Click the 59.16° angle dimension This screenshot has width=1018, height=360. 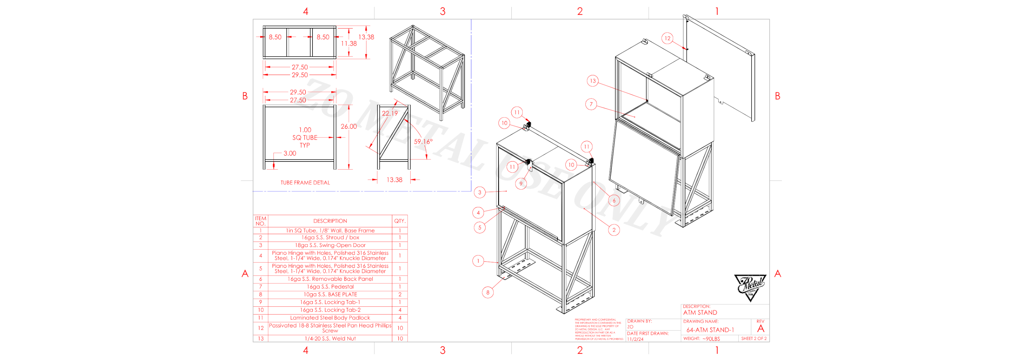pyautogui.click(x=423, y=141)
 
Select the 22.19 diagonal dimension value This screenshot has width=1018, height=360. pyautogui.click(x=390, y=113)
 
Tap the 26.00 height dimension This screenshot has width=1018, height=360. pyautogui.click(x=348, y=127)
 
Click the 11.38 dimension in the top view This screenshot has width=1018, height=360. pyautogui.click(x=348, y=43)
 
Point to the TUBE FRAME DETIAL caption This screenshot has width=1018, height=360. pyautogui.click(x=305, y=183)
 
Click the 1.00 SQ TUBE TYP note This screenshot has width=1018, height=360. pyautogui.click(x=305, y=137)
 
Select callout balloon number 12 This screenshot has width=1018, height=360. pyautogui.click(x=667, y=38)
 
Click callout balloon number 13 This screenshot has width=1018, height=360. pyautogui.click(x=593, y=81)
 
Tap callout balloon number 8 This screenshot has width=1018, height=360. pyautogui.click(x=488, y=292)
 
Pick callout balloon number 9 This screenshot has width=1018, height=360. pyautogui.click(x=521, y=184)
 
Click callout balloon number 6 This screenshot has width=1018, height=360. pyautogui.click(x=614, y=200)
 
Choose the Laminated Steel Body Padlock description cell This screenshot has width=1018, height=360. pyautogui.click(x=330, y=318)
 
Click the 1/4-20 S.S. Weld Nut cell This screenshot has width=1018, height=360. pyautogui.click(x=330, y=339)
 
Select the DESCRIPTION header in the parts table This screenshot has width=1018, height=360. pyautogui.click(x=330, y=221)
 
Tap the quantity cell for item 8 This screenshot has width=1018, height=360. pyautogui.click(x=399, y=295)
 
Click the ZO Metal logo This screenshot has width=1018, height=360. pyautogui.click(x=750, y=287)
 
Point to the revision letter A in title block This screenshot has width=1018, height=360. pyautogui.click(x=760, y=329)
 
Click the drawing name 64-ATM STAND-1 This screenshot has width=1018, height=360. pyautogui.click(x=710, y=330)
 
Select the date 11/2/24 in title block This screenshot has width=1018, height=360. pyautogui.click(x=635, y=339)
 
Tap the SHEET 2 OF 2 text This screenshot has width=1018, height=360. pyautogui.click(x=754, y=339)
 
